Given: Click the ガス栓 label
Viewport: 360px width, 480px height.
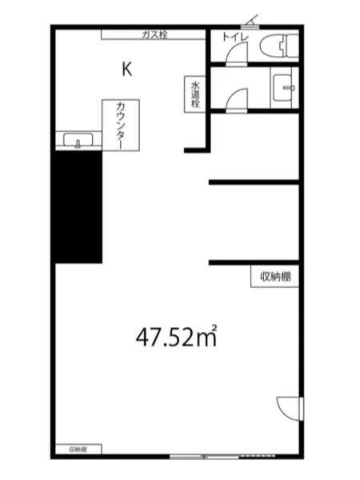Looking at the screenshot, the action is tap(154, 34).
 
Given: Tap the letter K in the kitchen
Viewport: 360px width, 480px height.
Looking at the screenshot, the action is tap(127, 69).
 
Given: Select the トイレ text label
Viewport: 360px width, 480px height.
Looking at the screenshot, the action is tap(235, 38).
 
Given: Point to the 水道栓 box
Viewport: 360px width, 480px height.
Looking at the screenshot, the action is tap(194, 94).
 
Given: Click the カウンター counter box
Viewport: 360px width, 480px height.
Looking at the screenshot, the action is tap(121, 125).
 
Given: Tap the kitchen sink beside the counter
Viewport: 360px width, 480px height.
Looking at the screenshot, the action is tap(78, 140).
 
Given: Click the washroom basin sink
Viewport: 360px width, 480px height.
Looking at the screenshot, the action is tap(284, 88).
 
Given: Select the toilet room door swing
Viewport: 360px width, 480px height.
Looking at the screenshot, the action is tap(237, 53).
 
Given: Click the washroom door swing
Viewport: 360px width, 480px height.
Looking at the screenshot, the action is tap(236, 99).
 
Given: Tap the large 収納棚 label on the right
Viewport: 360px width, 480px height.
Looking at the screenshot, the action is tap(275, 277).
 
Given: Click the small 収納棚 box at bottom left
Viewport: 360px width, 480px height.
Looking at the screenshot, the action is tap(78, 450).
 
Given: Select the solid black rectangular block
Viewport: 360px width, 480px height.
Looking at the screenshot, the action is tap(78, 207).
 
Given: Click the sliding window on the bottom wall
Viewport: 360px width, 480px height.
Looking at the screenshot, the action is tap(204, 457).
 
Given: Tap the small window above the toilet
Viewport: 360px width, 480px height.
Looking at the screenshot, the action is tap(250, 26).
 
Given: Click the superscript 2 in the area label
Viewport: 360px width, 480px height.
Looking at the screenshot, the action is tap(214, 328).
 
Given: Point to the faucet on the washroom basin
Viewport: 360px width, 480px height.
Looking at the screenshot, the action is tap(289, 88).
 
